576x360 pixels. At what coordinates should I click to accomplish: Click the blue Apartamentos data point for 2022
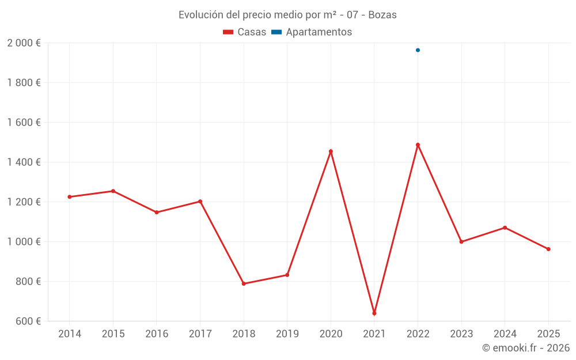(x=418, y=50)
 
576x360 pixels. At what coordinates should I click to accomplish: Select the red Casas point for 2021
(x=374, y=313)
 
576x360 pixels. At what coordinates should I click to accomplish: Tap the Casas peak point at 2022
(x=418, y=145)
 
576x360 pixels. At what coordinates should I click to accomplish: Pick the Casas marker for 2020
(x=331, y=151)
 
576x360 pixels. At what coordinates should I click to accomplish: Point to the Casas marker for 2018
(x=244, y=283)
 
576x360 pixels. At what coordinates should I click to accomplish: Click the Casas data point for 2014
(x=70, y=197)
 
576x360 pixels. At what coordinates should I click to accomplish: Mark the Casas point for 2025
(x=548, y=249)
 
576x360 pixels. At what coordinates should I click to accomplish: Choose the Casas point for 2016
(x=157, y=212)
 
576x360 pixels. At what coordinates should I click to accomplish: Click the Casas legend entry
(x=245, y=32)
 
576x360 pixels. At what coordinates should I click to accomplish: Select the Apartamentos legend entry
(x=312, y=32)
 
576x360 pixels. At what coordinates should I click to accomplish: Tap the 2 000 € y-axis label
(x=24, y=43)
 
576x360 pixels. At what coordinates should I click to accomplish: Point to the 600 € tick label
(x=28, y=321)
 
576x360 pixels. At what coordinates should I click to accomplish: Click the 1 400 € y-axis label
(x=24, y=162)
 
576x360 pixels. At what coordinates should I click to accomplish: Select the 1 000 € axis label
(x=24, y=242)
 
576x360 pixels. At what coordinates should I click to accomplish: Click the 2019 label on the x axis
(x=287, y=334)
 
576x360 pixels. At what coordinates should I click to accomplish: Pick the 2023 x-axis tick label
(x=461, y=334)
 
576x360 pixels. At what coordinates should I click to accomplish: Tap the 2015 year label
(x=113, y=334)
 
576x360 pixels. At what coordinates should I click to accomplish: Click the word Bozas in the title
(x=382, y=15)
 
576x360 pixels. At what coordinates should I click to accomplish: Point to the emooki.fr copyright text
(x=525, y=348)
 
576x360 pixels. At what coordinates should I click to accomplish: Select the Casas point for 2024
(x=505, y=228)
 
